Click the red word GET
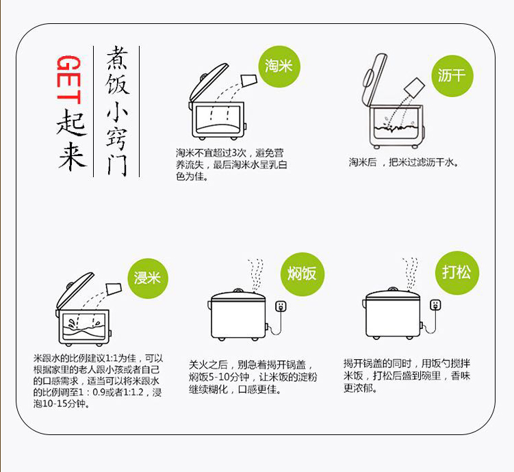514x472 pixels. (70, 79)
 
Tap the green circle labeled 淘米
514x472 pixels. (279, 66)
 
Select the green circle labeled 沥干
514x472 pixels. (452, 76)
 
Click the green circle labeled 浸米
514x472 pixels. (148, 278)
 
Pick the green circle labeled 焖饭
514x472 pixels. (303, 274)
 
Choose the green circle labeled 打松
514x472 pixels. (457, 272)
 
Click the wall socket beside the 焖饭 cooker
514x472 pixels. (281, 306)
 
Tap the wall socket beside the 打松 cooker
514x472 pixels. (435, 304)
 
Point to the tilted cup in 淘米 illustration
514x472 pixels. (249, 80)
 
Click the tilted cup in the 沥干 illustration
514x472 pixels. (414, 88)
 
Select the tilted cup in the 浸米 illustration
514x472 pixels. (114, 289)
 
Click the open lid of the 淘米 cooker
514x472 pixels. (207, 83)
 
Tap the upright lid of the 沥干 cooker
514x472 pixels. (374, 79)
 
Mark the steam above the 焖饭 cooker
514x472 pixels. (255, 274)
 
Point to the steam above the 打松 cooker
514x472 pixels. (410, 273)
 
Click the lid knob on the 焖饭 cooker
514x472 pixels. (238, 291)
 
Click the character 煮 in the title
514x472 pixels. (116, 58)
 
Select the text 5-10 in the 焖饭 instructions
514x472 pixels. (218, 377)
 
